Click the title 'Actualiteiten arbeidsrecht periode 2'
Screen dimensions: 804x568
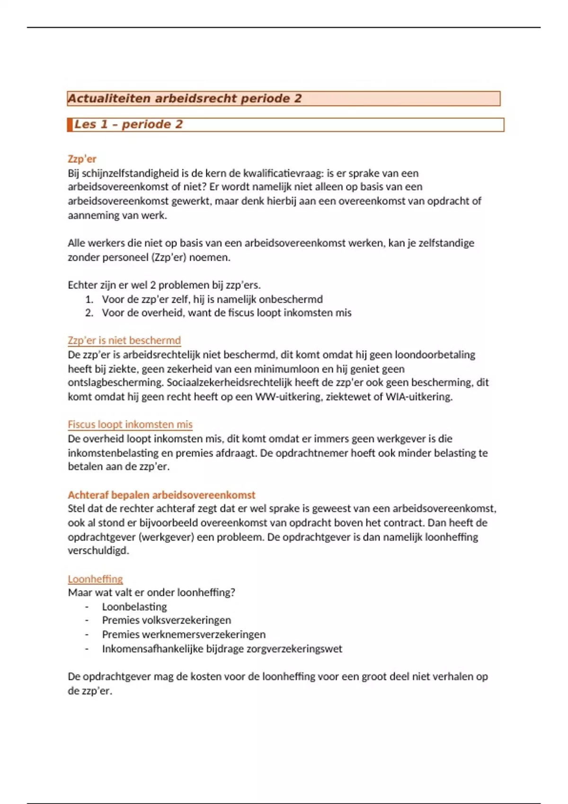coord(185,98)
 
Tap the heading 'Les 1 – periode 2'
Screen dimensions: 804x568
coord(128,124)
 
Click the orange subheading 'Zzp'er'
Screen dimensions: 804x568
coord(82,159)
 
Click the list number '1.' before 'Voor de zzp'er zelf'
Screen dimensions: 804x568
coord(89,299)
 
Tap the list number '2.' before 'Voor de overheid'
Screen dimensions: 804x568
coord(89,313)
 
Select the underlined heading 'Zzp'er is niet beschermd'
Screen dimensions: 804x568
coord(124,341)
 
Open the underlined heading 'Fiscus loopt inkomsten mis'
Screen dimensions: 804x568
coord(130,424)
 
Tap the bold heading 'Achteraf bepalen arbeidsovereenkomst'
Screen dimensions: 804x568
coord(161,495)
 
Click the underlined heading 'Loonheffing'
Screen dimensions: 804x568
coord(95,579)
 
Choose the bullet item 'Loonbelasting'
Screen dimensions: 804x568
coord(134,607)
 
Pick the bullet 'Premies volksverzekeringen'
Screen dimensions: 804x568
coord(167,620)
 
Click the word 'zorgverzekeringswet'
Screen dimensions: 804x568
coord(294,648)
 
